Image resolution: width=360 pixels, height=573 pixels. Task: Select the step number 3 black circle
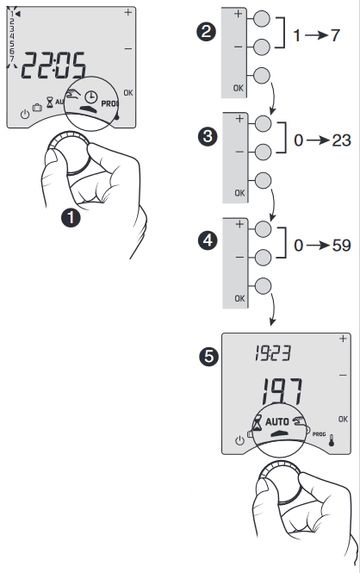pyautogui.click(x=207, y=138)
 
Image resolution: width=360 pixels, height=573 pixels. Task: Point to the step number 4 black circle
pyautogui.click(x=207, y=241)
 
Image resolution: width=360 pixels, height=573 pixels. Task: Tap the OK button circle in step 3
pyautogui.click(x=264, y=180)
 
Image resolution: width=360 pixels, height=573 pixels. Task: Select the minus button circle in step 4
pyautogui.click(x=264, y=257)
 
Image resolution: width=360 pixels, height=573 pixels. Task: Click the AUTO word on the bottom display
pyautogui.click(x=276, y=421)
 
